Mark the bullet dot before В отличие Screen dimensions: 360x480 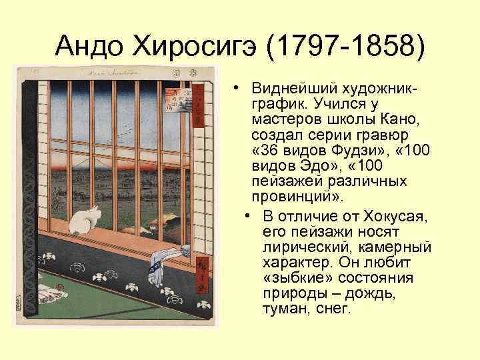pos(247,216)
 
